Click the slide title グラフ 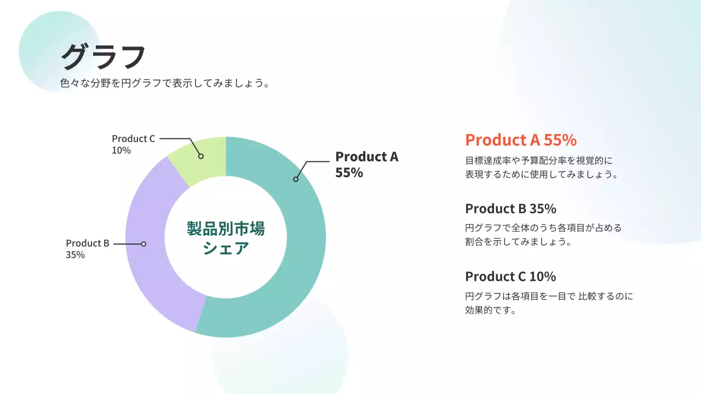(x=103, y=56)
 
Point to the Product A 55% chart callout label (x=366, y=164)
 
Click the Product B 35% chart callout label (x=88, y=248)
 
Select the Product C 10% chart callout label (x=134, y=144)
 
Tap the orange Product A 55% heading (x=520, y=140)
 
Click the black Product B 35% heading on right (x=510, y=208)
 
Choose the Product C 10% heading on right (x=510, y=276)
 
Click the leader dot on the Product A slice (x=296, y=179)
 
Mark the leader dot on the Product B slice (x=143, y=244)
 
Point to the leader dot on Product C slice (x=201, y=156)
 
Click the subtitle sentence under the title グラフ (x=165, y=84)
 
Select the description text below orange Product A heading (x=541, y=168)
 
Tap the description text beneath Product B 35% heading (x=543, y=235)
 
